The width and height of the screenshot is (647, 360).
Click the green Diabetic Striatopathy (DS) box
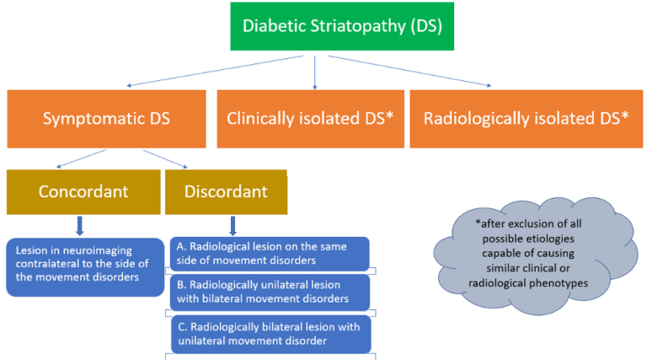point(342,26)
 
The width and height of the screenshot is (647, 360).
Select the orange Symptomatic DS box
point(106,119)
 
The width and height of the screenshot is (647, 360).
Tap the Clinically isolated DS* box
point(311,119)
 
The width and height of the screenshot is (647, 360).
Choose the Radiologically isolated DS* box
point(526,119)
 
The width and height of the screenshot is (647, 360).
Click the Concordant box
point(83,192)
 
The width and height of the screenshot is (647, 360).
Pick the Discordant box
point(226,192)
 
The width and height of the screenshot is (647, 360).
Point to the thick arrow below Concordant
point(80,226)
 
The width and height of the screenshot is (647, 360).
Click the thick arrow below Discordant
point(233,226)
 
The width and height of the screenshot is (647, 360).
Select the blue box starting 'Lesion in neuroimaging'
point(85,267)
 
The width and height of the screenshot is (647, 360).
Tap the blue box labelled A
point(270,254)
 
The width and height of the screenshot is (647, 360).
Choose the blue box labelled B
point(270,293)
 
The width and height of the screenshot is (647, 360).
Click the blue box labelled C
point(271,335)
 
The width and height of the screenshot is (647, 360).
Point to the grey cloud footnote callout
point(535,256)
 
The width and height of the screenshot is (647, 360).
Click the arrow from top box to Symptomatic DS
point(215,71)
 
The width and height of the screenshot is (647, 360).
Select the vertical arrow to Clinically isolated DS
point(315,73)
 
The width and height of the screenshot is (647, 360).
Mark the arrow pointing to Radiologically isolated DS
point(409,71)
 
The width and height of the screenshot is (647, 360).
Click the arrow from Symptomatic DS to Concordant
point(81,159)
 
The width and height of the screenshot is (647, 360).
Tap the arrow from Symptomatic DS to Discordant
point(165,159)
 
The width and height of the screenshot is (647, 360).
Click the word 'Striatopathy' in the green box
point(358,26)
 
